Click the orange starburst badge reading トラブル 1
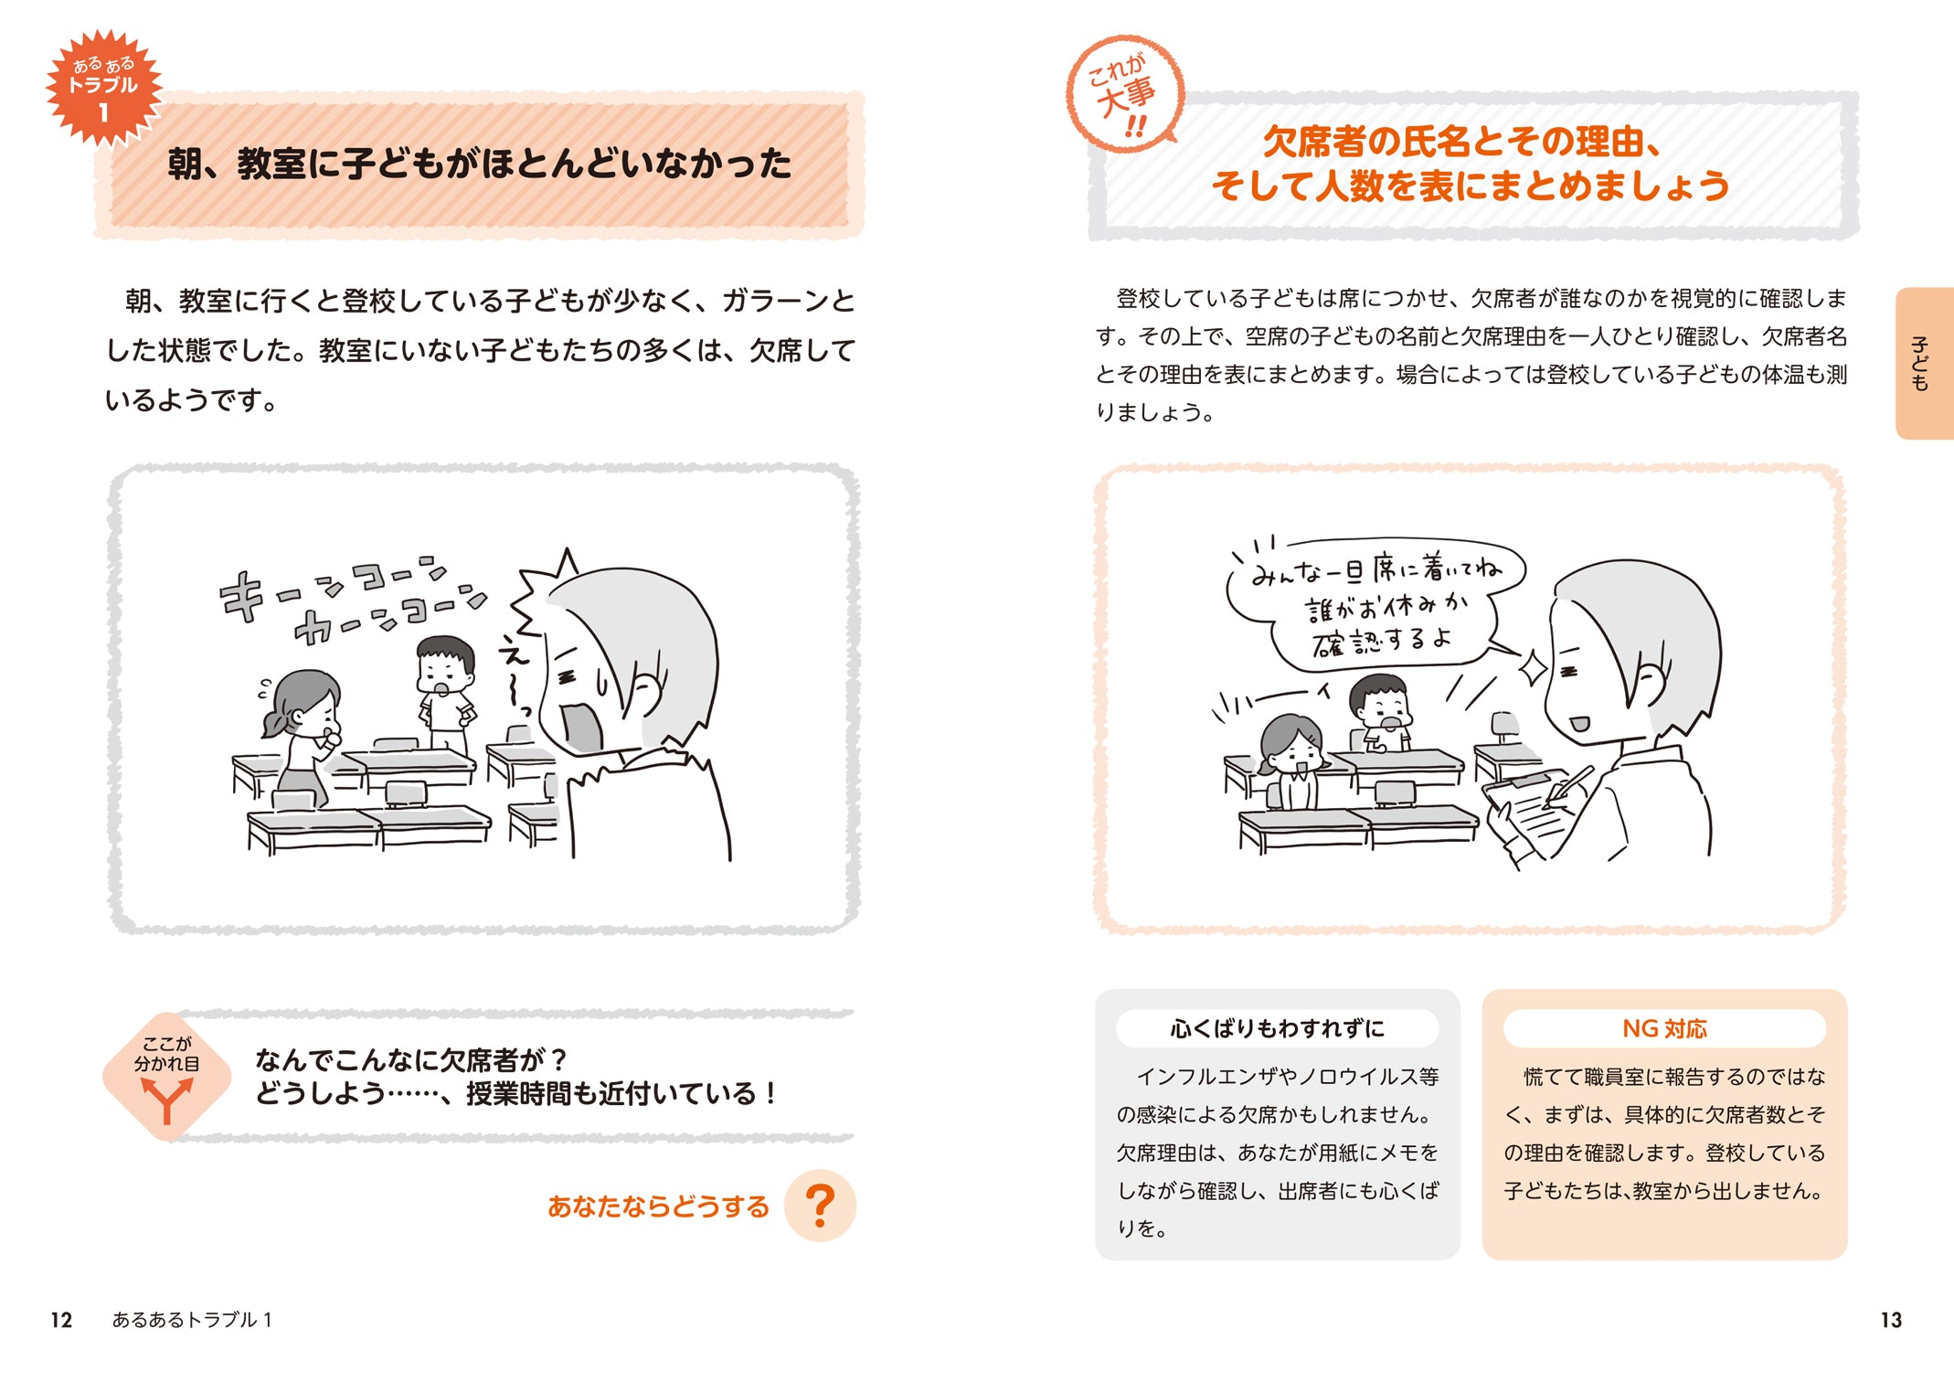pyautogui.click(x=104, y=88)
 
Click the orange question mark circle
pyautogui.click(x=820, y=1206)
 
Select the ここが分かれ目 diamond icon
pyautogui.click(x=166, y=1076)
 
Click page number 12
pyautogui.click(x=61, y=1320)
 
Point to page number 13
pyautogui.click(x=1891, y=1320)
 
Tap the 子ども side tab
pyautogui.click(x=1924, y=363)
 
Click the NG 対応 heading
pyautogui.click(x=1664, y=1028)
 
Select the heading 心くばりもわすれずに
pyautogui.click(x=1277, y=1028)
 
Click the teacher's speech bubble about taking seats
pyautogui.click(x=1375, y=603)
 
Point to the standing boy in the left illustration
pyautogui.click(x=446, y=695)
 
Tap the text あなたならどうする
pyautogui.click(x=658, y=1207)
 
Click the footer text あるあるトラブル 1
pyautogui.click(x=192, y=1320)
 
